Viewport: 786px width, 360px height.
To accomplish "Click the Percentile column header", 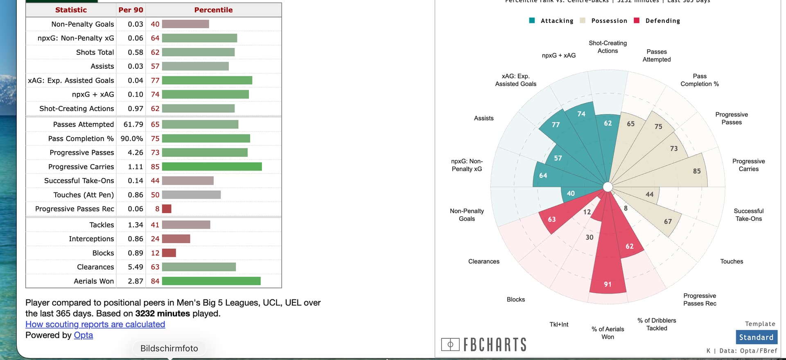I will pyautogui.click(x=213, y=10).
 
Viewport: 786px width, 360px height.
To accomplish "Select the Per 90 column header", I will pyautogui.click(x=131, y=10).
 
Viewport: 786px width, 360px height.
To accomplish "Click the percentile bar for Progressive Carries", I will pyautogui.click(x=212, y=167).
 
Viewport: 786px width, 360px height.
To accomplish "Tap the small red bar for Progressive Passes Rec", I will pyautogui.click(x=167, y=209).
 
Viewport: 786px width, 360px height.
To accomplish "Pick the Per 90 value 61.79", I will pyautogui.click(x=133, y=125).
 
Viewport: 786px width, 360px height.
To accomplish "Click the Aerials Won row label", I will pyautogui.click(x=94, y=281).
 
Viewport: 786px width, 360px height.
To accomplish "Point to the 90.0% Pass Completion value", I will pyautogui.click(x=132, y=138).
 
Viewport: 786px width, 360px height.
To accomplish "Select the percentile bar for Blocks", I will pyautogui.click(x=169, y=253).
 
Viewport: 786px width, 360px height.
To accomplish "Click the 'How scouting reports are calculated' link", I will pyautogui.click(x=95, y=324).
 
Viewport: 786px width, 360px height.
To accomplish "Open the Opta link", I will pyautogui.click(x=83, y=335).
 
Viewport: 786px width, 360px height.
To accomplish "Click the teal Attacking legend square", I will pyautogui.click(x=532, y=20).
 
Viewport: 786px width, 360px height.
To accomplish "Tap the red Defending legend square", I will pyautogui.click(x=637, y=20).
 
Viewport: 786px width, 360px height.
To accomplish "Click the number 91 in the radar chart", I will pyautogui.click(x=608, y=284).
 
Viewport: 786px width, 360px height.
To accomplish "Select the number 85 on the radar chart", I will pyautogui.click(x=697, y=171).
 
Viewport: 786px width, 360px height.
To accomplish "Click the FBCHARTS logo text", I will pyautogui.click(x=495, y=345).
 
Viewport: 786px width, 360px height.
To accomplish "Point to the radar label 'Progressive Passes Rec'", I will pyautogui.click(x=700, y=299).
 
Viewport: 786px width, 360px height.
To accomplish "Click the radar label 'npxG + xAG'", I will pyautogui.click(x=558, y=55).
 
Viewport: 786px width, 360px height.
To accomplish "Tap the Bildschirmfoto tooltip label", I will pyautogui.click(x=169, y=349).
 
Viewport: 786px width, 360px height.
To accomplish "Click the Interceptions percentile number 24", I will pyautogui.click(x=155, y=239).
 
